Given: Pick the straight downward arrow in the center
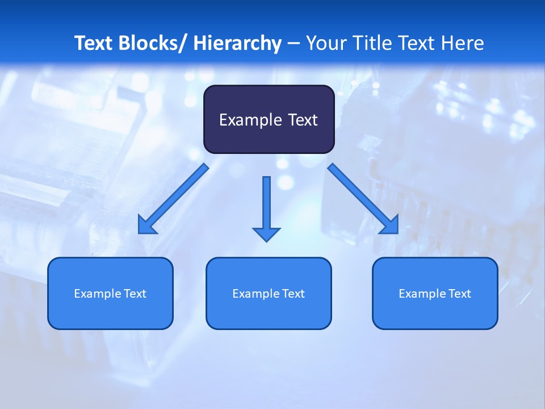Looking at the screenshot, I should [x=266, y=204].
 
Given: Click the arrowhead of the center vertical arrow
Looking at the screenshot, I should [x=266, y=233].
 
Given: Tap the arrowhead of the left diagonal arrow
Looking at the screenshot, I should [x=146, y=226].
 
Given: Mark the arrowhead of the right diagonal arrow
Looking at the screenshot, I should [x=390, y=226].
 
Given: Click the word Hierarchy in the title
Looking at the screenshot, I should [x=237, y=43].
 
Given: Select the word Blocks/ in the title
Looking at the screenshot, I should [x=153, y=43].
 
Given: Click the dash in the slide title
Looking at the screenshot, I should [x=294, y=43].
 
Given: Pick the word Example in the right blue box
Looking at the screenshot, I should [x=418, y=294].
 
